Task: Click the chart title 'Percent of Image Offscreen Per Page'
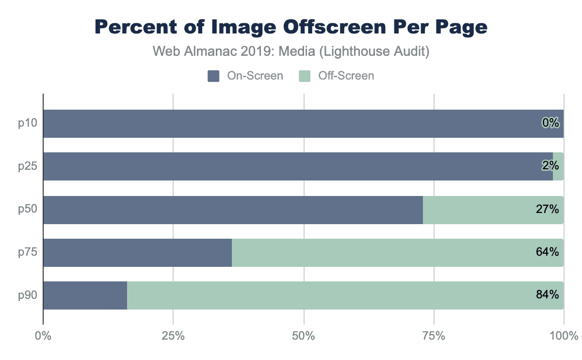[x=291, y=27]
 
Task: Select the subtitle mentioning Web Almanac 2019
[x=291, y=52]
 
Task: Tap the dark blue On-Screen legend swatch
[x=214, y=76]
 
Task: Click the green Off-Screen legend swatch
[x=304, y=76]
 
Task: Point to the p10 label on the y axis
[x=28, y=123]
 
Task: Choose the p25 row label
[x=28, y=166]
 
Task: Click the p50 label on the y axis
[x=28, y=210]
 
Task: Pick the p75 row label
[x=28, y=252]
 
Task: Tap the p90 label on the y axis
[x=28, y=295]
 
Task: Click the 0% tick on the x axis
[x=43, y=336]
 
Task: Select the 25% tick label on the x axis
[x=173, y=336]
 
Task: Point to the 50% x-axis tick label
[x=304, y=336]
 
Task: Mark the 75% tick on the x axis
[x=434, y=336]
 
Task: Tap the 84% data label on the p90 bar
[x=548, y=295]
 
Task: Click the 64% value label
[x=548, y=252]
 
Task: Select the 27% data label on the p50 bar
[x=548, y=210]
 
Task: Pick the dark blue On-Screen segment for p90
[x=85, y=295]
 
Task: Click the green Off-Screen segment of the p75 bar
[x=378, y=252]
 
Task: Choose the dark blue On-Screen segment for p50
[x=233, y=210]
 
